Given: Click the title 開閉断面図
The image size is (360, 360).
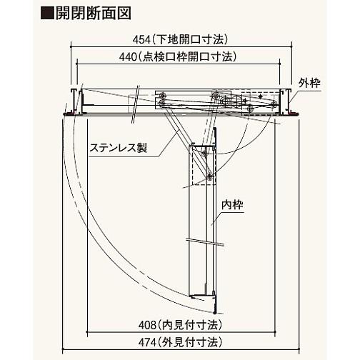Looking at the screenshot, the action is (x=94, y=14).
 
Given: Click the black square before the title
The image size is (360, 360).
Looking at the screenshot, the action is (x=47, y=14).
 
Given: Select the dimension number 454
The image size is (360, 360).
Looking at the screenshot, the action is (x=141, y=40).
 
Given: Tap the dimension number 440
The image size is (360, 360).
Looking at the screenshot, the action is (x=128, y=57).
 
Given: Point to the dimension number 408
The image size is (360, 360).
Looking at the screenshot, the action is (x=147, y=325).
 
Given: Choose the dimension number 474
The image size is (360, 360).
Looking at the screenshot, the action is (x=147, y=342).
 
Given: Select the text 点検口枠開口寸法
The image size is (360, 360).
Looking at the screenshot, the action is (x=187, y=57).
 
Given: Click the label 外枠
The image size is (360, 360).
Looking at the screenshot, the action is (x=309, y=84).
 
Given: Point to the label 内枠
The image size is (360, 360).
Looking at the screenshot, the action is (x=232, y=205).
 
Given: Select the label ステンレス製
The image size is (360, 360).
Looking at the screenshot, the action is (x=119, y=148).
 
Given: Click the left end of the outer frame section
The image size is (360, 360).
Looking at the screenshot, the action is (x=74, y=101).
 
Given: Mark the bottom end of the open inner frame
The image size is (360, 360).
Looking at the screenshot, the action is (x=215, y=312).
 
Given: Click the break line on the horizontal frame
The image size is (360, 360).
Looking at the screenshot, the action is (x=135, y=105).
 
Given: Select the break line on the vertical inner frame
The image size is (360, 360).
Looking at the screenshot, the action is (x=205, y=241).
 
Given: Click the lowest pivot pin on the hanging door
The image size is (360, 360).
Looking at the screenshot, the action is (x=209, y=176).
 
